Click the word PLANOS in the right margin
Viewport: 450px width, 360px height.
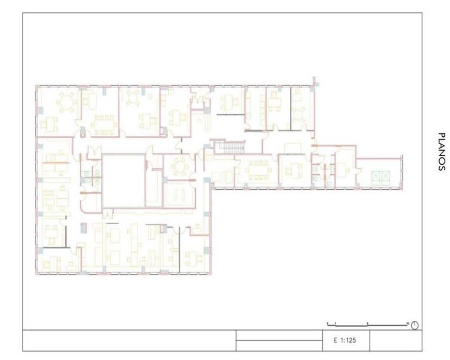point(442,152)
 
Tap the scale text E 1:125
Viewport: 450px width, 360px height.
point(345,341)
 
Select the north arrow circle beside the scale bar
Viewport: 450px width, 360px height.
point(415,325)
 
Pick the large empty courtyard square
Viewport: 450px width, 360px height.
point(124,180)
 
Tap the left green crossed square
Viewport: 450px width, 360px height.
point(376,178)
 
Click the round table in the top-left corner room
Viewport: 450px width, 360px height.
point(67,102)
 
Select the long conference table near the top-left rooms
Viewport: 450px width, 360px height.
point(104,125)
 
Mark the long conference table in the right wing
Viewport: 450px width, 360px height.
point(258,170)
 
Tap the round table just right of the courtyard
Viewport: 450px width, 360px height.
point(180,166)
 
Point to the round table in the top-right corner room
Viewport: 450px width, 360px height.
point(299,115)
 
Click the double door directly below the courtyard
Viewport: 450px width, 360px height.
point(108,213)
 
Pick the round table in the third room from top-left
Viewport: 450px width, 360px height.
point(133,98)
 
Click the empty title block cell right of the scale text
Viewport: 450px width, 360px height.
point(396,341)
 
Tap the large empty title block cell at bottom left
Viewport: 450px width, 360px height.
point(130,341)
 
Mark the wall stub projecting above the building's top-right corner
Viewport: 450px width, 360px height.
point(314,81)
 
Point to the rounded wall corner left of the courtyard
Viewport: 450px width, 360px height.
point(83,209)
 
